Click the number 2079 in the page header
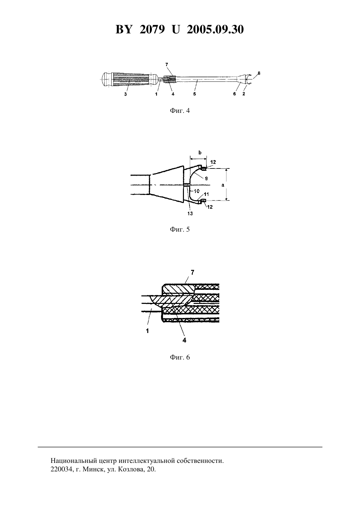[152, 29]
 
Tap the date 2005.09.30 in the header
[215, 29]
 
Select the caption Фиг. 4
[180, 111]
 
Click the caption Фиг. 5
[180, 229]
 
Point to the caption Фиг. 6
[180, 358]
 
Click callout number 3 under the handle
[125, 94]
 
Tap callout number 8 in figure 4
[259, 73]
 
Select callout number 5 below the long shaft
[194, 94]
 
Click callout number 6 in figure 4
[235, 94]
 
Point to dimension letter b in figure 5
[200, 152]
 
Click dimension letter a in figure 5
[223, 185]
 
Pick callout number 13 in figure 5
[190, 213]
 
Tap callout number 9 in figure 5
[206, 179]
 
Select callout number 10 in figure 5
[196, 191]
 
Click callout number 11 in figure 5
[207, 194]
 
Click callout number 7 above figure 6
[193, 272]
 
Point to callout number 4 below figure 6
[184, 340]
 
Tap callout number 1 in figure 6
[148, 331]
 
